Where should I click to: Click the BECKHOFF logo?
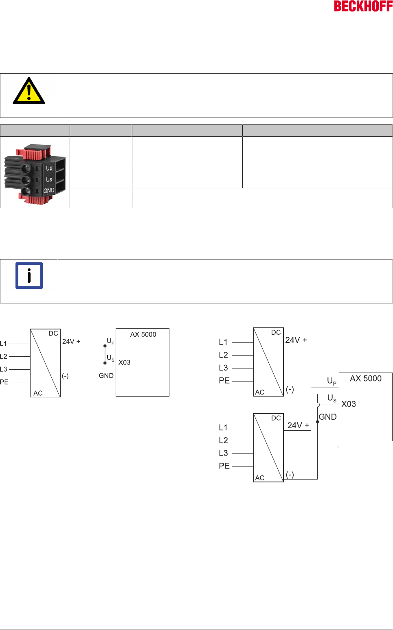click(x=363, y=7)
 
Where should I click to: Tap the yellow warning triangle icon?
click(x=29, y=91)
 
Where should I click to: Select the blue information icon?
click(x=29, y=276)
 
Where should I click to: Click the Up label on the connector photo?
click(x=49, y=168)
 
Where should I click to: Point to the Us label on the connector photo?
click(x=49, y=179)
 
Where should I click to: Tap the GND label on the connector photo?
click(x=49, y=190)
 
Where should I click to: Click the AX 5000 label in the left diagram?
click(x=143, y=334)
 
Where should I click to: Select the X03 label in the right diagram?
click(x=349, y=404)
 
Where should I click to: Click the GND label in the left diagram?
click(x=106, y=375)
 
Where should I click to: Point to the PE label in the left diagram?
click(x=4, y=382)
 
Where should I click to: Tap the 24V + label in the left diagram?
click(x=71, y=342)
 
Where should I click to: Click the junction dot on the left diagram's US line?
click(x=105, y=363)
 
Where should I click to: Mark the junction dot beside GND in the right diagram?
click(x=318, y=422)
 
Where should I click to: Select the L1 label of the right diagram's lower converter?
click(x=223, y=427)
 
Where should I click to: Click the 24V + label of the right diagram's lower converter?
click(x=298, y=425)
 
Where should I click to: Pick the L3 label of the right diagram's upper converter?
click(x=223, y=368)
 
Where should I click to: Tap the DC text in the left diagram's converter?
click(x=53, y=334)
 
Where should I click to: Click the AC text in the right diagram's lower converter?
click(x=260, y=478)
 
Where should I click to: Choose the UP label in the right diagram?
click(x=332, y=381)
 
